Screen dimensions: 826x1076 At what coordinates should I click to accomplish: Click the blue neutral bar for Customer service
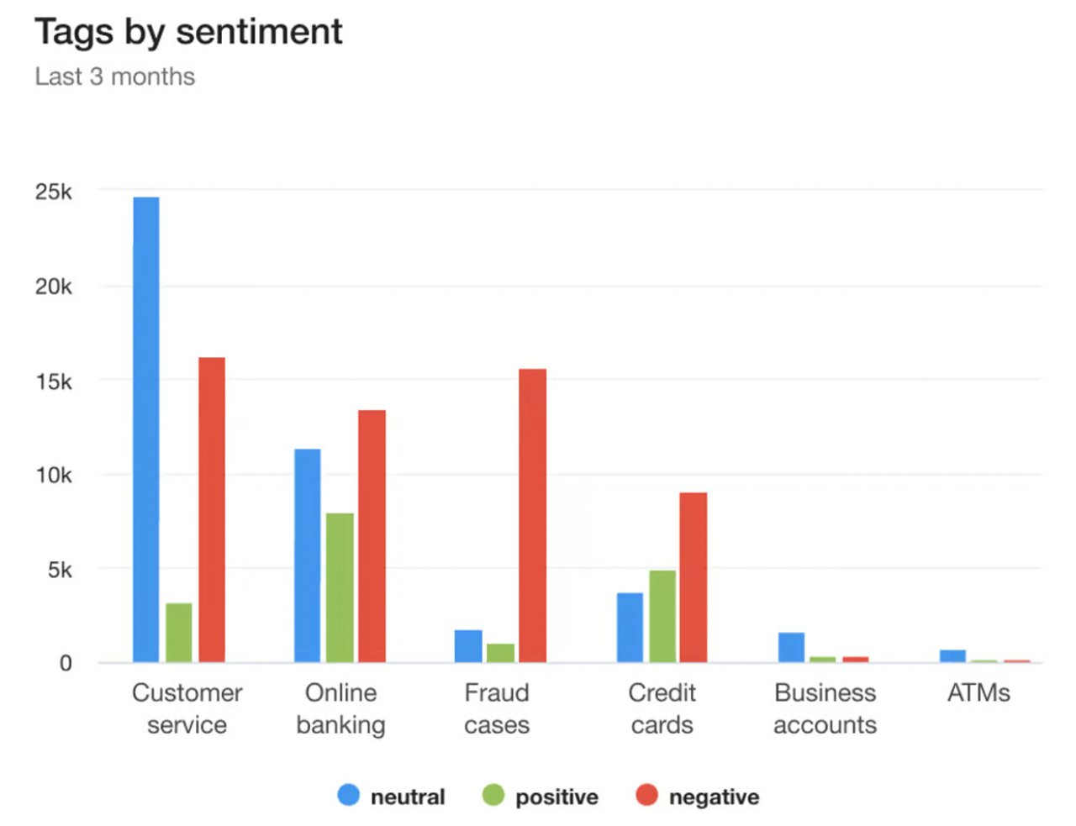tap(145, 429)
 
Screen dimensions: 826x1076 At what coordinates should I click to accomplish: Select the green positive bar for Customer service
tap(178, 632)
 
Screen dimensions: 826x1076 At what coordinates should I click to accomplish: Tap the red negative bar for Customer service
tap(211, 509)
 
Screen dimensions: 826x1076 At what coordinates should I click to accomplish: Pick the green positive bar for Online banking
tap(340, 587)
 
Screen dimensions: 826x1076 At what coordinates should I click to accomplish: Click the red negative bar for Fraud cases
tap(532, 515)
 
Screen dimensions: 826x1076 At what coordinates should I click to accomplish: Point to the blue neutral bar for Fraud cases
tap(468, 645)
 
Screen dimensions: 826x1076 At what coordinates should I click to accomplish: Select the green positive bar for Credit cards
tap(662, 616)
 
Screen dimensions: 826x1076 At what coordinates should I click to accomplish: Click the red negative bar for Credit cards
tap(693, 577)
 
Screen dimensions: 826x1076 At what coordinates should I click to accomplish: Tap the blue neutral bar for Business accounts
tap(791, 647)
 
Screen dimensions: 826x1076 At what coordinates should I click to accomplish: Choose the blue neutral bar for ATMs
tap(952, 655)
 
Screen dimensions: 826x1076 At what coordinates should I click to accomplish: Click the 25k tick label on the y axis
tap(53, 192)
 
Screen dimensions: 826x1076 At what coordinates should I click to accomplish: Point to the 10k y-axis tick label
tap(53, 476)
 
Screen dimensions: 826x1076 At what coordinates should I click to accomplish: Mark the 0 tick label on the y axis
tap(66, 664)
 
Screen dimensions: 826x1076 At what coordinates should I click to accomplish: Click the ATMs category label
tap(978, 693)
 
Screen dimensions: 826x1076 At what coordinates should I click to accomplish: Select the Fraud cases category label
tap(497, 708)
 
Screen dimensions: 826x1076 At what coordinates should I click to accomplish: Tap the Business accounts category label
tap(825, 708)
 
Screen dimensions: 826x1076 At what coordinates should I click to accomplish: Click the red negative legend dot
tap(646, 795)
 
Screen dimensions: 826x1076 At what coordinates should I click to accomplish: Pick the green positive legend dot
tap(493, 795)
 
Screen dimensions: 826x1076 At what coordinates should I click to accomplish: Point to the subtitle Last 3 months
tap(115, 76)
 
